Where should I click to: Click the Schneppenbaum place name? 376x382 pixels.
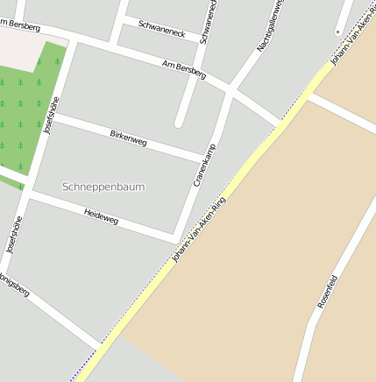104,187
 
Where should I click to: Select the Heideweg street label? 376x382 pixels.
101,216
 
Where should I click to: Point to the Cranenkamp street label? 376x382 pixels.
203,164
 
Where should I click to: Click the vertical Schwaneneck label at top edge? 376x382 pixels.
209,22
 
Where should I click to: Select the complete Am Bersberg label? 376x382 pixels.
184,70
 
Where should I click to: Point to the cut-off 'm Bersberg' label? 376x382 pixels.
20,26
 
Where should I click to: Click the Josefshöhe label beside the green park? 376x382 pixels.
51,115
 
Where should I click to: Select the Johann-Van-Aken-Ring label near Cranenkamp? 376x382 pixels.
199,230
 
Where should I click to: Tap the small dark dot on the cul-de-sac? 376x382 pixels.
337,32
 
